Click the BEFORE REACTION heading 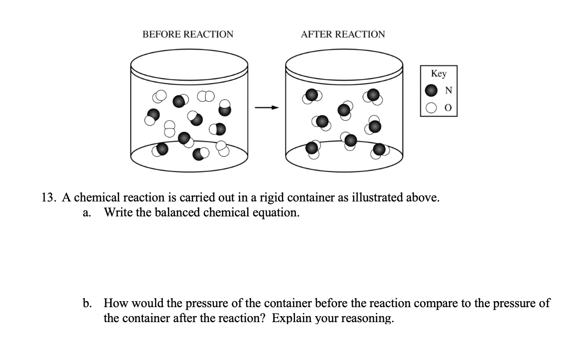187,34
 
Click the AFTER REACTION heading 343,34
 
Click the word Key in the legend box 439,74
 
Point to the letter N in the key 448,91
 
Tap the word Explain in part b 291,318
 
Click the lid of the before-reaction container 189,65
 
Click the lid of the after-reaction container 344,65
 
